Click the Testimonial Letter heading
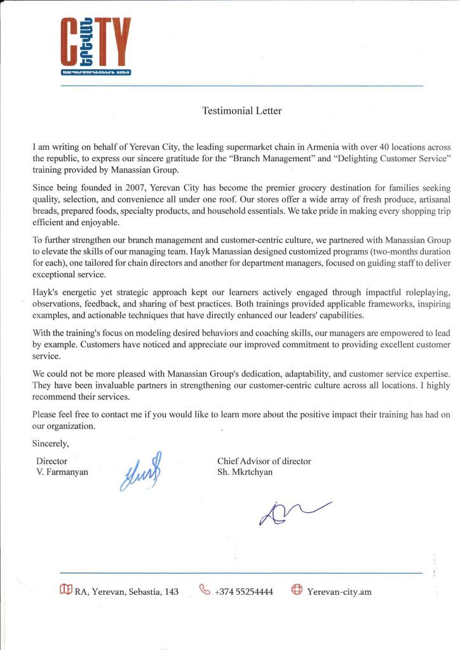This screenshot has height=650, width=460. (x=241, y=111)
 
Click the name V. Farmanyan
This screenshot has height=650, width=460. (x=62, y=472)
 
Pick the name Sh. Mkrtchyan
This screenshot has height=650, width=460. (x=245, y=472)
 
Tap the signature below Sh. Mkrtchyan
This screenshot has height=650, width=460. (x=292, y=512)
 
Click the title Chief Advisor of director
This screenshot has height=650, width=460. (x=264, y=461)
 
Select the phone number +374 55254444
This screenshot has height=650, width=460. (x=244, y=592)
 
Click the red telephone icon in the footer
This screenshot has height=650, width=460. (x=205, y=590)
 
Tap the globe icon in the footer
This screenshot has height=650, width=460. (x=296, y=590)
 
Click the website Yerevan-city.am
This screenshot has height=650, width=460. (x=339, y=592)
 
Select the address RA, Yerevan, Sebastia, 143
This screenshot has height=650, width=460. (x=126, y=592)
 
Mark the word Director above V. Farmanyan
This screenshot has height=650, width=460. (x=52, y=461)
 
